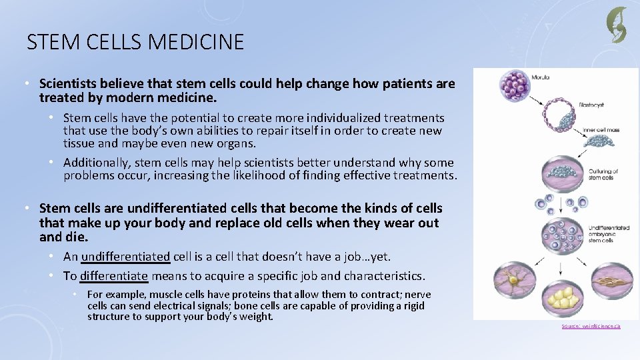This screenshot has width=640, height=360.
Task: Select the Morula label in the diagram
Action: pyautogui.click(x=541, y=78)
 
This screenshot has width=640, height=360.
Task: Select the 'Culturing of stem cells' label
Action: pyautogui.click(x=603, y=175)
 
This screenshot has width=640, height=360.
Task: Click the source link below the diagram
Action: pyautogui.click(x=591, y=326)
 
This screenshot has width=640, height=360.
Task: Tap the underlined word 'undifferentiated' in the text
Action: pyautogui.click(x=126, y=257)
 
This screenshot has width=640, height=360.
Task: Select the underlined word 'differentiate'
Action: pyautogui.click(x=114, y=276)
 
